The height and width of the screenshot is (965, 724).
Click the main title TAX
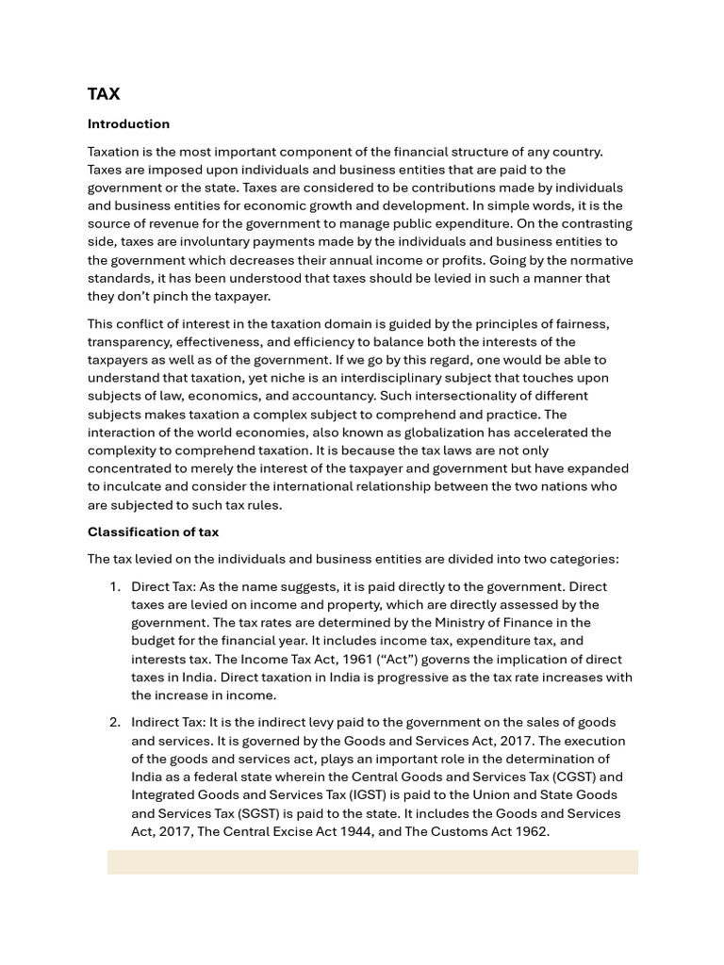104,93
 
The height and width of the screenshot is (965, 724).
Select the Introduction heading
128,123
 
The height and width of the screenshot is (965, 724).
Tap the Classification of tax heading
153,532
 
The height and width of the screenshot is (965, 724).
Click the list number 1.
114,586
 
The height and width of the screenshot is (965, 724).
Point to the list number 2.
114,722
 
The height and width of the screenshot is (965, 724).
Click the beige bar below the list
372,861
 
